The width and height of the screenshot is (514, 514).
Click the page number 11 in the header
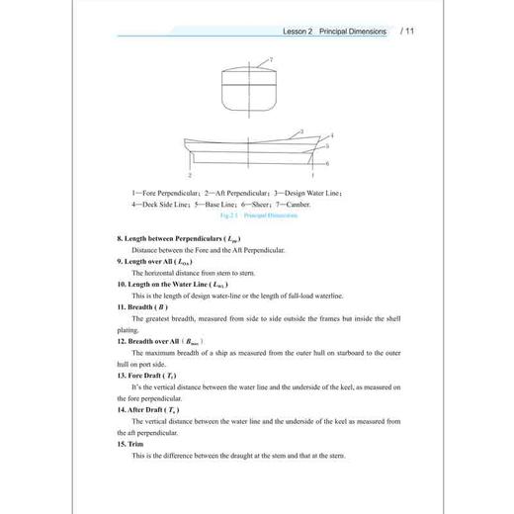(407, 32)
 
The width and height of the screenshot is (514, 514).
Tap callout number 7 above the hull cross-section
(271, 61)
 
